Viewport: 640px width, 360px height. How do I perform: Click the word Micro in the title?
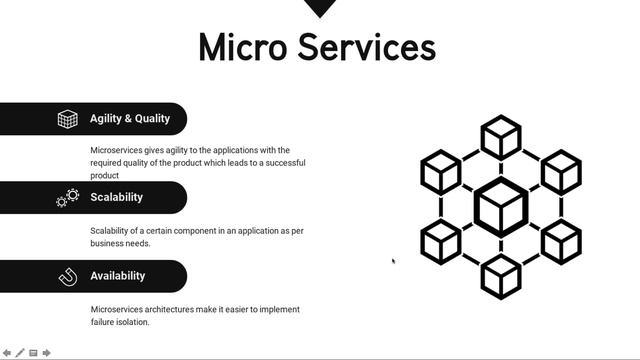click(243, 48)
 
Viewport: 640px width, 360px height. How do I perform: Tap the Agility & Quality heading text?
click(130, 118)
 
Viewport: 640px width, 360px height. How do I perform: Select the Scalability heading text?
click(116, 197)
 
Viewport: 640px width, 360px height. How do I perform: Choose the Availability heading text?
click(117, 276)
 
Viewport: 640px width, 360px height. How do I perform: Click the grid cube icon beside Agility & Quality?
click(67, 119)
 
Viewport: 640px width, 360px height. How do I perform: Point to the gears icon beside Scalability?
click(67, 197)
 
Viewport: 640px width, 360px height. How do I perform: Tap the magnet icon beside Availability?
click(68, 276)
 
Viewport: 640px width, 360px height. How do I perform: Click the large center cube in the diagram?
click(500, 207)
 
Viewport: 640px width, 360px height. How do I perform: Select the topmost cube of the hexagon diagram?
click(500, 137)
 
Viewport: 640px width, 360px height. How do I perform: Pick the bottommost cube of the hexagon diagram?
click(500, 276)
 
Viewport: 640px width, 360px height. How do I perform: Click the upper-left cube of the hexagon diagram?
click(440, 171)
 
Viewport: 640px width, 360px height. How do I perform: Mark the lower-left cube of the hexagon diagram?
click(440, 242)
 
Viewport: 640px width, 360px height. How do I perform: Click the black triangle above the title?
click(320, 8)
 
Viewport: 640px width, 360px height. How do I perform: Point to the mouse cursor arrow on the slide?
click(393, 261)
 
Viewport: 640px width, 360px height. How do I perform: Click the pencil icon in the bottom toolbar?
click(20, 352)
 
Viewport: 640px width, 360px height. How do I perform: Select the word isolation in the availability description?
click(129, 322)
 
